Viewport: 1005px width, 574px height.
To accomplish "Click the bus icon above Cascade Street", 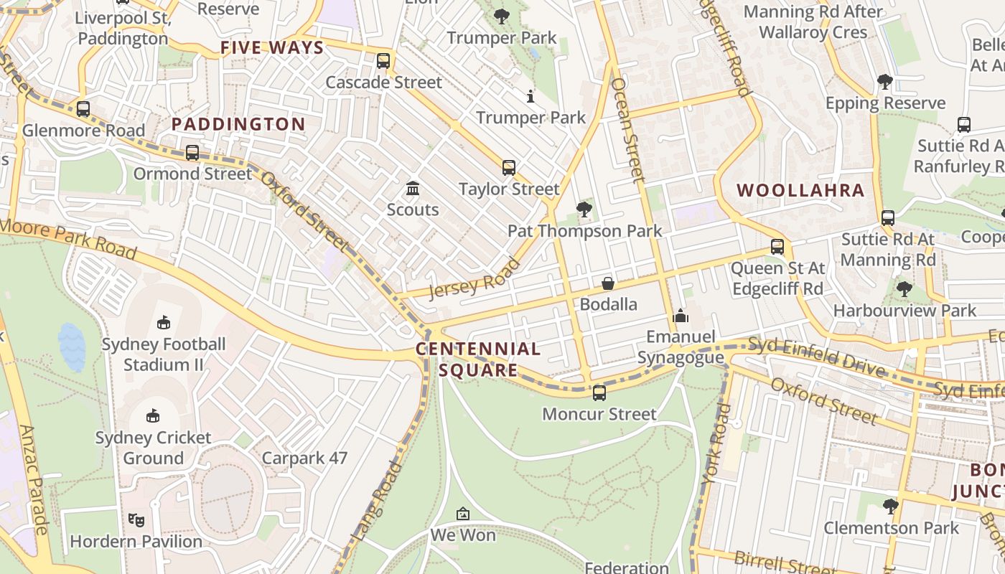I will pos(383,61).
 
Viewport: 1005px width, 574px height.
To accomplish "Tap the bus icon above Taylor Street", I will pos(509,168).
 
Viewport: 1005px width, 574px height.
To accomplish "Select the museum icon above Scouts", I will pos(413,189).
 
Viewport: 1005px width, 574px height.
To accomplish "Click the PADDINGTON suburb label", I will pos(238,124).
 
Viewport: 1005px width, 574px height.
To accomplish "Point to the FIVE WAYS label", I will pos(272,48).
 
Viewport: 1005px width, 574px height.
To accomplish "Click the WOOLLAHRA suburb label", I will pos(800,190).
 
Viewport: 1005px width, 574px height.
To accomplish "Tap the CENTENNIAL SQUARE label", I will pos(478,359).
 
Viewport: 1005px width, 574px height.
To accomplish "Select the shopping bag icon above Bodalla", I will pos(608,283).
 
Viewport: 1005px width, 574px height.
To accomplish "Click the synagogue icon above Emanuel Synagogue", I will pos(681,316).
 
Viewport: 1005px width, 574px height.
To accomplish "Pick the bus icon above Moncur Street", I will pos(599,393).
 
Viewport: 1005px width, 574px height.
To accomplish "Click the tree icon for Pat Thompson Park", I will pos(584,210).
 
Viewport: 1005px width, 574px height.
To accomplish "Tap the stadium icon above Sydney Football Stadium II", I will pos(164,323).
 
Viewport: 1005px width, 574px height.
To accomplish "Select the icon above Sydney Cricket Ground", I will pos(153,416).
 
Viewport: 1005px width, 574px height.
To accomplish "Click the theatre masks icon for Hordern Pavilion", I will pos(136,520).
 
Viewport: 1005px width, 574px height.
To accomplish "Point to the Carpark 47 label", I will pos(304,458).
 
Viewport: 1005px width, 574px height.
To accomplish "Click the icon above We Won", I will pos(463,514).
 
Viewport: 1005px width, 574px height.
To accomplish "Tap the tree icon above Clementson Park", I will pos(891,507).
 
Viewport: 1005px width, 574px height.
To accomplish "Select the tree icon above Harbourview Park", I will pos(904,289).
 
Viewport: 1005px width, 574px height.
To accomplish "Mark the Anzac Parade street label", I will pos(34,480).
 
